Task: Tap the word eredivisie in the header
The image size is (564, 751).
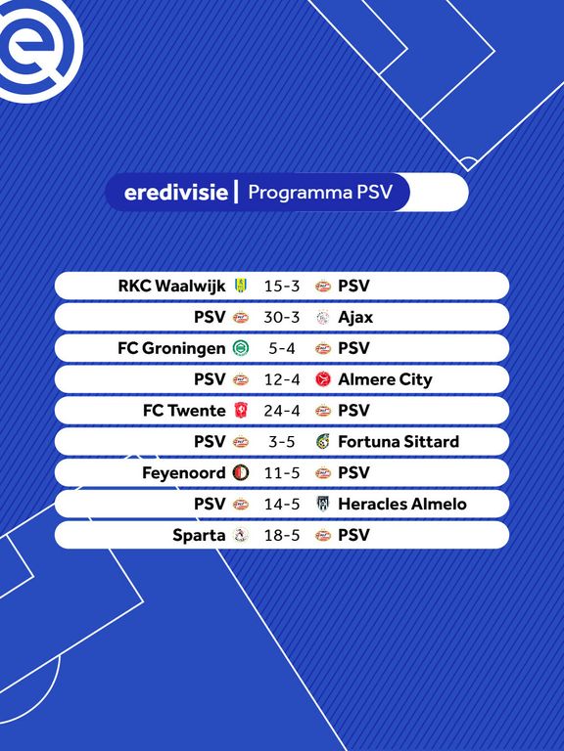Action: tap(175, 192)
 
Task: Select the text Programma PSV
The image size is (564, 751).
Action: tap(320, 193)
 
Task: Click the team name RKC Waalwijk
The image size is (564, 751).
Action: tap(171, 286)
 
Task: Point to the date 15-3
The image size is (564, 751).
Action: tap(282, 286)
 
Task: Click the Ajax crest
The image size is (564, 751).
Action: tap(323, 317)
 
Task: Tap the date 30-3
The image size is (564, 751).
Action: tap(282, 317)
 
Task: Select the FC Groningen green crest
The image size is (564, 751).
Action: tap(240, 348)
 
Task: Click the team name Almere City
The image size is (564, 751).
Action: tap(385, 379)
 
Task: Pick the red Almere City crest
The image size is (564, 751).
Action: tap(323, 379)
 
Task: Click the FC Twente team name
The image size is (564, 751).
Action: tap(184, 411)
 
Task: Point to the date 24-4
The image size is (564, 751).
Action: tap(282, 411)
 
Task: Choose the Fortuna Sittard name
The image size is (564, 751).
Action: tap(399, 442)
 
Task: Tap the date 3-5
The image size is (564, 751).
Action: tap(282, 442)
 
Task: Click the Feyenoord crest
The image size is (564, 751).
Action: tap(240, 472)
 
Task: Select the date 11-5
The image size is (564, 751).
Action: tap(282, 472)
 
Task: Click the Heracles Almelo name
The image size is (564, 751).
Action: tap(402, 504)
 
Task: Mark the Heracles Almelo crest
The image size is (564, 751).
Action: tap(323, 504)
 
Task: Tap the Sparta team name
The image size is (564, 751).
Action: tap(199, 536)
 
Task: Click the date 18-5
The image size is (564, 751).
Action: tap(282, 535)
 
